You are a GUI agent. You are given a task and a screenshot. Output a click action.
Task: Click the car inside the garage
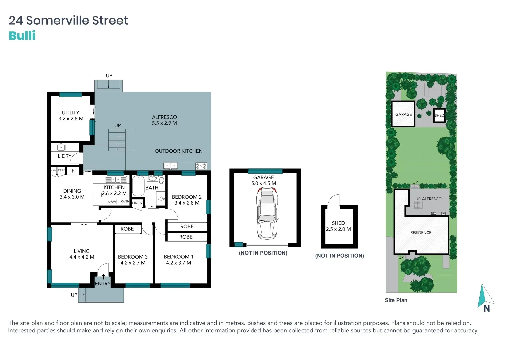(x=266, y=213)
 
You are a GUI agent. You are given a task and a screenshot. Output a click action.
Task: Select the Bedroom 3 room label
(x=133, y=260)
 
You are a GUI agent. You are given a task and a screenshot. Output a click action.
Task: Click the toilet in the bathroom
(x=161, y=180)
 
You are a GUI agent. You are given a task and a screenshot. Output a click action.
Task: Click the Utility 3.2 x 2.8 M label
(x=71, y=116)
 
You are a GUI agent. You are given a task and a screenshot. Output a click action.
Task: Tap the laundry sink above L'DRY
(x=61, y=147)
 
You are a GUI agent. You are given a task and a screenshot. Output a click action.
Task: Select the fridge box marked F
(x=73, y=171)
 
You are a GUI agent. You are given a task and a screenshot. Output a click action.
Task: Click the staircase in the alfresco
(x=117, y=140)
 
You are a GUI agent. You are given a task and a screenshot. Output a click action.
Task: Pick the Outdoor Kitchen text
(x=178, y=151)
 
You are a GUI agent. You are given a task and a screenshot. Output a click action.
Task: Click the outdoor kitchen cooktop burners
(x=201, y=166)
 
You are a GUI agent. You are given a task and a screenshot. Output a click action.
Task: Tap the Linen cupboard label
(x=137, y=203)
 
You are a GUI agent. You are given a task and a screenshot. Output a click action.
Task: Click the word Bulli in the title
(x=22, y=36)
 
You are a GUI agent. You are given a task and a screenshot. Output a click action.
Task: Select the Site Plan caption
(x=396, y=300)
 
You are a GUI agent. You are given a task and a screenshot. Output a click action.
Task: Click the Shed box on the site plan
(x=439, y=116)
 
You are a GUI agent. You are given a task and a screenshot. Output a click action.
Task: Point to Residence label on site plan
(x=421, y=233)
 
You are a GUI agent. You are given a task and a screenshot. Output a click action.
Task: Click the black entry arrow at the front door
(x=103, y=276)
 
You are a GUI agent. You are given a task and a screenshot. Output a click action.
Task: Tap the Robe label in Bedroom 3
(x=127, y=229)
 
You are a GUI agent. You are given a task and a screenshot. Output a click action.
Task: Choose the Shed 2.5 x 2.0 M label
(x=338, y=226)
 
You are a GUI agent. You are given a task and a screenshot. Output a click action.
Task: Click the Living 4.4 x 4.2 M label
(x=82, y=254)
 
